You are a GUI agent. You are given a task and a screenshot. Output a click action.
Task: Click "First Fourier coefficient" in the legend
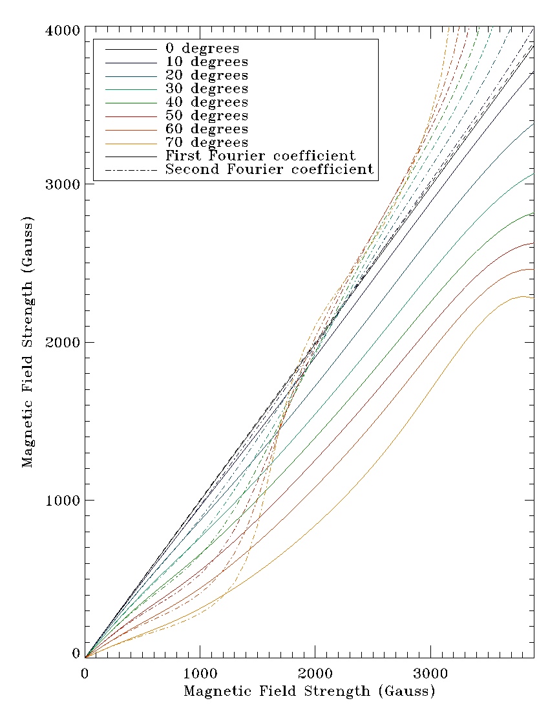tap(260, 156)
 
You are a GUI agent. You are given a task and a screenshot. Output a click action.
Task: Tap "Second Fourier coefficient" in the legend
tap(269, 169)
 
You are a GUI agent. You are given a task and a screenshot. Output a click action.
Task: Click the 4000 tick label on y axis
tap(63, 30)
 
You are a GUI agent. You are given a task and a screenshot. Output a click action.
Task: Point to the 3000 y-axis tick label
tap(63, 184)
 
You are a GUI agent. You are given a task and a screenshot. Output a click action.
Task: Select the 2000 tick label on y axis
tap(63, 342)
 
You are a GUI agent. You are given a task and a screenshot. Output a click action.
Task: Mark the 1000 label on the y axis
tap(63, 500)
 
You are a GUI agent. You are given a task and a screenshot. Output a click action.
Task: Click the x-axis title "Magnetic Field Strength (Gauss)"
tap(310, 691)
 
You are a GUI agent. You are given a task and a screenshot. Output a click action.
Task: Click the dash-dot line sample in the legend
tap(131, 170)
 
